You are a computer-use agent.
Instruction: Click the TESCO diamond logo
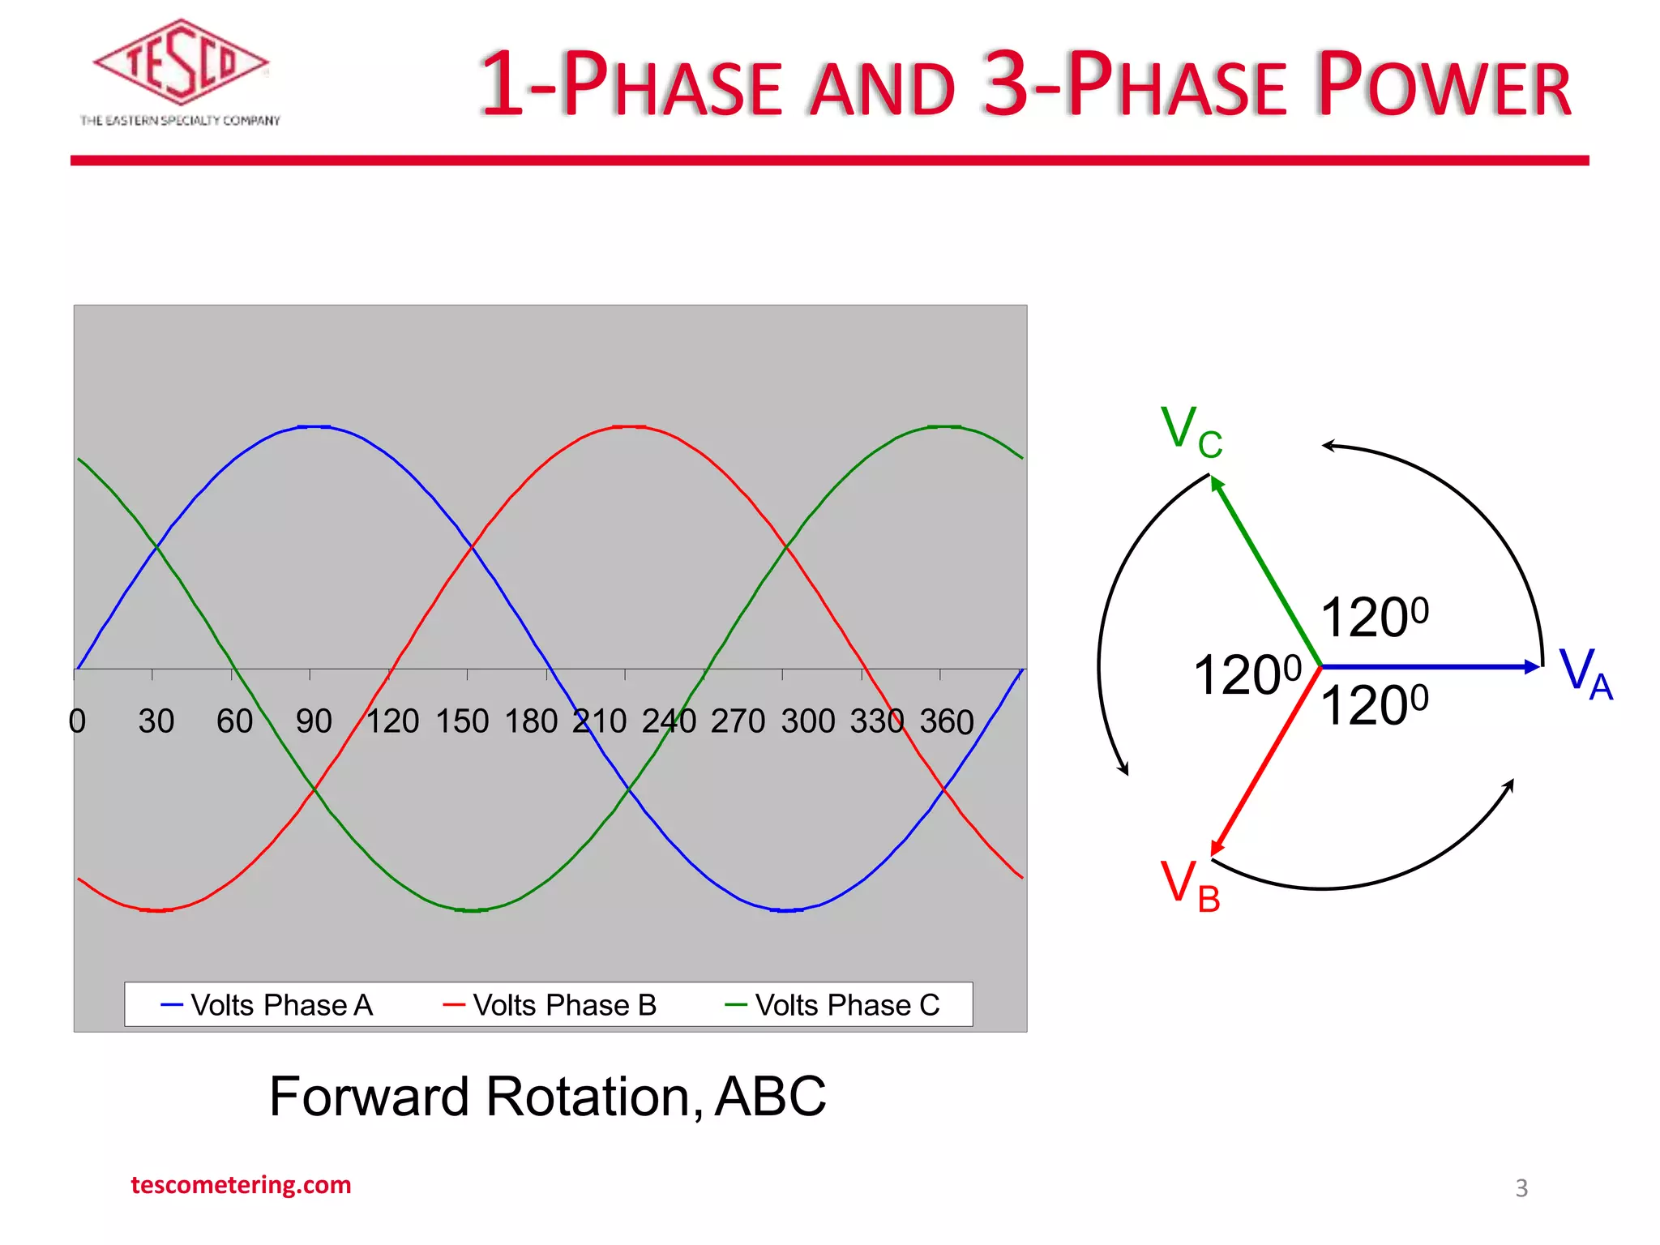pos(180,63)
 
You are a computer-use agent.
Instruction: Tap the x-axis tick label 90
pos(314,721)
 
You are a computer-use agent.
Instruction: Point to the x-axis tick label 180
pos(531,721)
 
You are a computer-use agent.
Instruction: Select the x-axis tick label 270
pos(738,721)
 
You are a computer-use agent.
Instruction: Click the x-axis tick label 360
pos(946,721)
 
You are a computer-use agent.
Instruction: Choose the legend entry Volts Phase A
pos(267,1005)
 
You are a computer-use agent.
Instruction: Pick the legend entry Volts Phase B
pos(550,1005)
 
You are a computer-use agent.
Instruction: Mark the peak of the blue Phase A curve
pos(314,426)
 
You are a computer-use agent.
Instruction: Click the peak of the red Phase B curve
pos(629,426)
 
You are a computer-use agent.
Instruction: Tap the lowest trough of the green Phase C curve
pos(472,910)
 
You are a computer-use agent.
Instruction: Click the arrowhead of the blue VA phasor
pos(1532,666)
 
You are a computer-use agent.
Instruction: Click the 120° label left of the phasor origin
pos(1247,674)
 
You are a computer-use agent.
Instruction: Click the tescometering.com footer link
pos(241,1185)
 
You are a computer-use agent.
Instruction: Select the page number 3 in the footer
pos(1521,1188)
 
